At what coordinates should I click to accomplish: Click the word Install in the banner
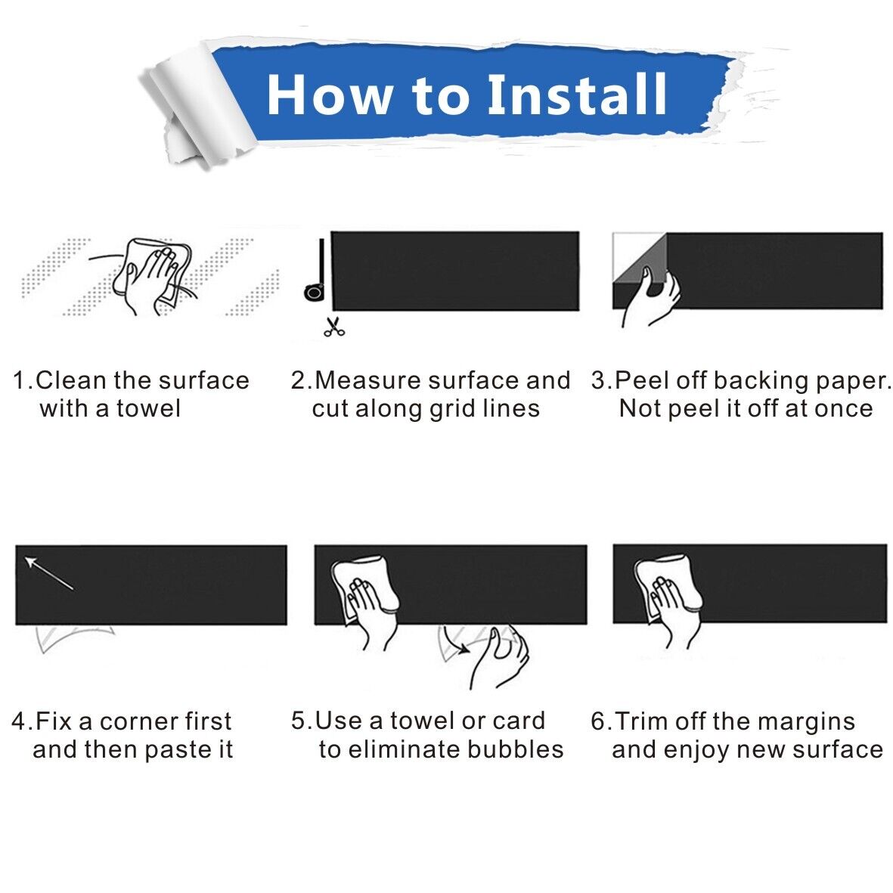[577, 94]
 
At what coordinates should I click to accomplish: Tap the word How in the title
[330, 95]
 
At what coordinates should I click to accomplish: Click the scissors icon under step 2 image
[333, 327]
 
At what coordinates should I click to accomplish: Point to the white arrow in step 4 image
[49, 573]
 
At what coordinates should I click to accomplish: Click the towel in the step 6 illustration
[666, 585]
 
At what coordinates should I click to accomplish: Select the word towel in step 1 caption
[149, 408]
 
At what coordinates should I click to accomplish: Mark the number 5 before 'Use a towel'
[299, 721]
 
